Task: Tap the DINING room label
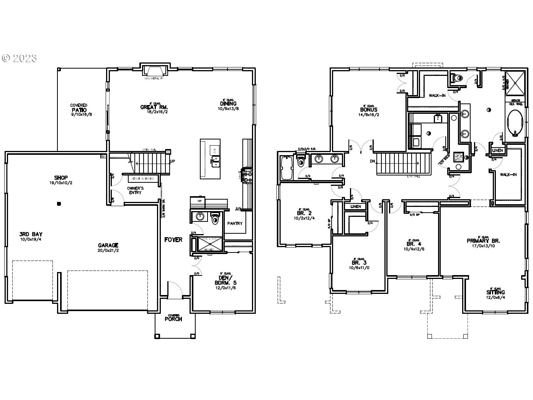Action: pos(228,103)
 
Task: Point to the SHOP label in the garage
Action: pos(61,178)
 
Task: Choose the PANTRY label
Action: pos(235,223)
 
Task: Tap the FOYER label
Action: pos(173,240)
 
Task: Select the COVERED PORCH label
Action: pos(173,318)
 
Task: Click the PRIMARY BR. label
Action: pos(483,241)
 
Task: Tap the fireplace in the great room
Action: pos(155,71)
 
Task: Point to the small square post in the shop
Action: pos(59,204)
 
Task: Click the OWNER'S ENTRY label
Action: pos(135,190)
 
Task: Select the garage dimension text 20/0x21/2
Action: pos(108,251)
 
